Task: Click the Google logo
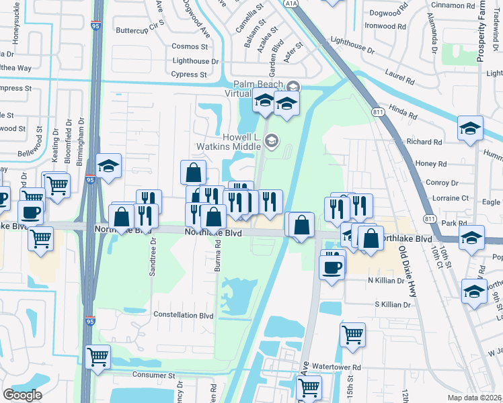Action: pyautogui.click(x=22, y=395)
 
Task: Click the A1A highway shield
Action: pyautogui.click(x=291, y=3)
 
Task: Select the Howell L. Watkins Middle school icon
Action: pyautogui.click(x=272, y=140)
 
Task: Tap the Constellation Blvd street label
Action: pyautogui.click(x=184, y=314)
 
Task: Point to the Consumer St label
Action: pyautogui.click(x=153, y=375)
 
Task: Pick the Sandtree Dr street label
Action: pyautogui.click(x=152, y=257)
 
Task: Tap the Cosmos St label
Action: pyautogui.click(x=190, y=46)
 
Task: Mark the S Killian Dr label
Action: pyautogui.click(x=393, y=305)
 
